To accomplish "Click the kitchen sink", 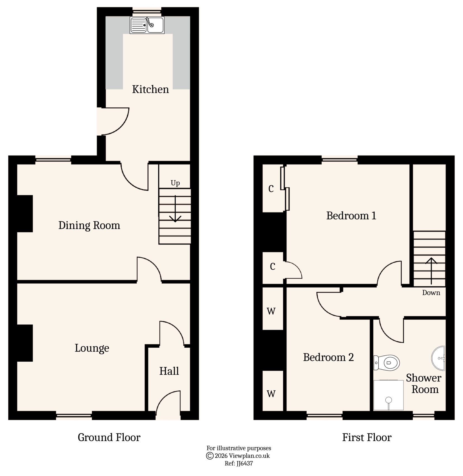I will click(147, 25).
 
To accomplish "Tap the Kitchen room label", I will click(150, 89).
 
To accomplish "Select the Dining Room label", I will click(89, 225).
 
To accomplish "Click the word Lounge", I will click(92, 348).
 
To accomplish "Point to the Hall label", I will click(169, 371).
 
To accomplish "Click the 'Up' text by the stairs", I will click(175, 183).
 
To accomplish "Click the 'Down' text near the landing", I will click(431, 293).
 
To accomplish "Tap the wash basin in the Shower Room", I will click(439, 358).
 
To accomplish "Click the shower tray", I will click(388, 395).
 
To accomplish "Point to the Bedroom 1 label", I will click(351, 216).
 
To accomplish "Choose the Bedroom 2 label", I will click(328, 357).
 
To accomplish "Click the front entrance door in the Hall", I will click(168, 403).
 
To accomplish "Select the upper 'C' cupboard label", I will click(271, 189).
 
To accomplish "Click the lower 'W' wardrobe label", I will click(271, 394).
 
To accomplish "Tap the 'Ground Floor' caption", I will click(109, 437).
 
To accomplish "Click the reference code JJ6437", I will click(245, 463).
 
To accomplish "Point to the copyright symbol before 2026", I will click(210, 456).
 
